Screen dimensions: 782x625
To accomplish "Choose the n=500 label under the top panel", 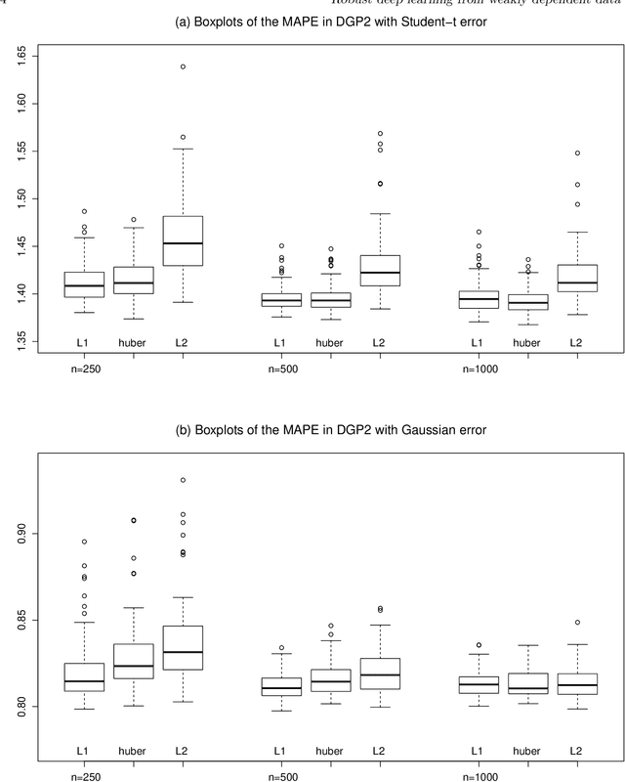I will coord(282,370).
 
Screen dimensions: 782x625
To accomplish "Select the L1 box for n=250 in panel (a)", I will coord(84,284).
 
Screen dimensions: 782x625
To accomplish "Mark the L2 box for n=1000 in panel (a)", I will coord(575,279).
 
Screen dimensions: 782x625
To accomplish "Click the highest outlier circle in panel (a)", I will coord(183,66).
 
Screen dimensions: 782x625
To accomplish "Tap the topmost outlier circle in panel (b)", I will coord(183,480).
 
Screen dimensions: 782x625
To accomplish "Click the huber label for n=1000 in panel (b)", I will coord(525,750).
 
